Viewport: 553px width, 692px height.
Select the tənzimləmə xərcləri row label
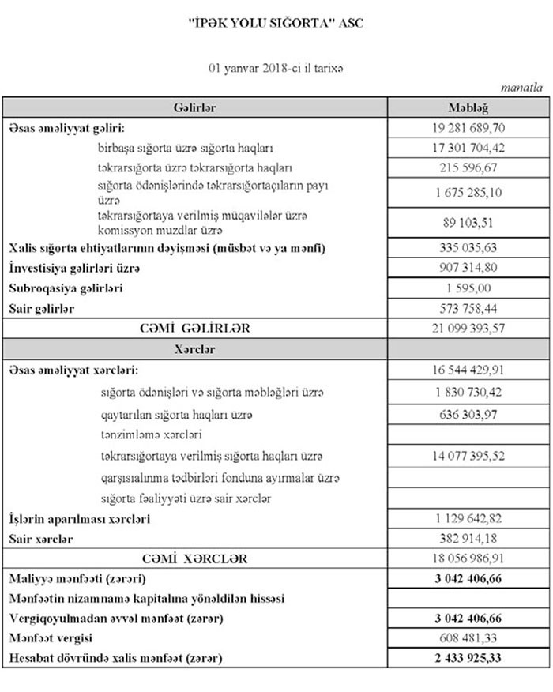click(152, 434)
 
